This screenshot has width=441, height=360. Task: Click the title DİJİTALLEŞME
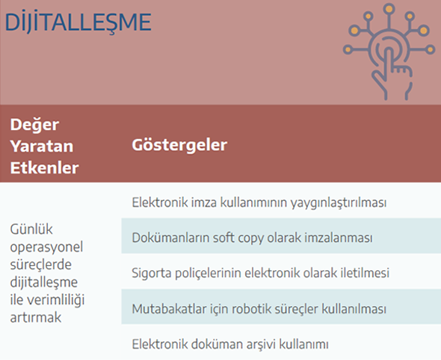pos(78,22)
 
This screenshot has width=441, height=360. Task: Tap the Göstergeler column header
pos(179,146)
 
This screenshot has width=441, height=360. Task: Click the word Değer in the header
pos(34,125)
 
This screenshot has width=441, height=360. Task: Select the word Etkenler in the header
pos(44,168)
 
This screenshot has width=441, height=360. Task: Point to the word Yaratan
pos(42,146)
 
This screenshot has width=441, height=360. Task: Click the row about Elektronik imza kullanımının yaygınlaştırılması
pos(259,202)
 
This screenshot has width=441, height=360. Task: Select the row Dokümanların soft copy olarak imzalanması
pos(252,238)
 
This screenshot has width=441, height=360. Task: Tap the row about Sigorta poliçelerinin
pos(260,273)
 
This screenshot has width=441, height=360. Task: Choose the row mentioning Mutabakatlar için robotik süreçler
pos(259,308)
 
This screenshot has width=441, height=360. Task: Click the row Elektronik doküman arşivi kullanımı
pos(230,344)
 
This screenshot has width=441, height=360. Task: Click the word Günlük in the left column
pos(31,229)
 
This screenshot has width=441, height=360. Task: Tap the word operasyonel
pos(46,247)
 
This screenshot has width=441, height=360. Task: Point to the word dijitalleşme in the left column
pos(44,282)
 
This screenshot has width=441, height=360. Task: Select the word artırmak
pos(35,317)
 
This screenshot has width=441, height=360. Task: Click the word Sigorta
pos(152,273)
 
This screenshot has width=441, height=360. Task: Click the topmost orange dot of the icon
pos(389,8)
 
